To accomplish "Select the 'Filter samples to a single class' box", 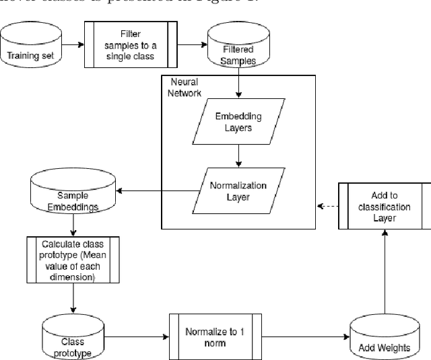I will tap(131, 45).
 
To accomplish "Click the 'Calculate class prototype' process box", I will tap(72, 259).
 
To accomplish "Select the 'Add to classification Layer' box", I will tap(384, 207).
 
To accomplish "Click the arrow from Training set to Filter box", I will tap(71, 46).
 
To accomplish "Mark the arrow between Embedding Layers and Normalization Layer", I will tap(238, 156).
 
